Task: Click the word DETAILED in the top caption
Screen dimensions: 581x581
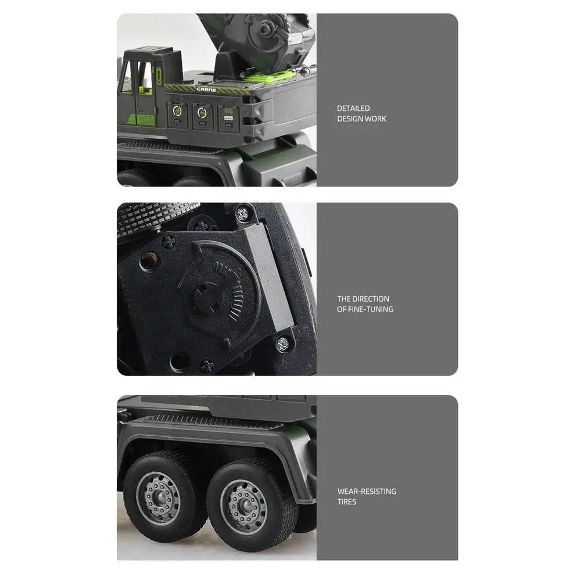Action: tap(353, 108)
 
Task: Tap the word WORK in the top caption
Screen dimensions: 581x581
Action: tap(375, 119)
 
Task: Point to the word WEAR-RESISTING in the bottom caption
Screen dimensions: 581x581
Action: tap(367, 492)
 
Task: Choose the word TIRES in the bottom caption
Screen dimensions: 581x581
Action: tap(347, 502)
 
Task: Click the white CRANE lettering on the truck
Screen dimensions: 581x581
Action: tap(206, 90)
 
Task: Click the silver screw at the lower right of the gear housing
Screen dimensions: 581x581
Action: tap(283, 342)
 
